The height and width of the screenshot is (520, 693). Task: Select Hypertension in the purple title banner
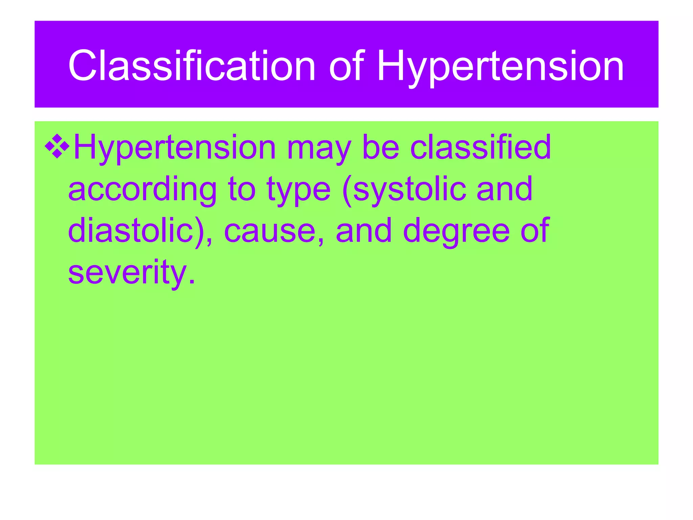point(500,66)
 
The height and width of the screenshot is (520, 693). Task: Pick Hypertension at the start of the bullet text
point(175,148)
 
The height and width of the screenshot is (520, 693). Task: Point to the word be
point(381,147)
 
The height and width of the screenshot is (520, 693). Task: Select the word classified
point(480,147)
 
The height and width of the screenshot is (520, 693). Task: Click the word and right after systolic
point(504,189)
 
